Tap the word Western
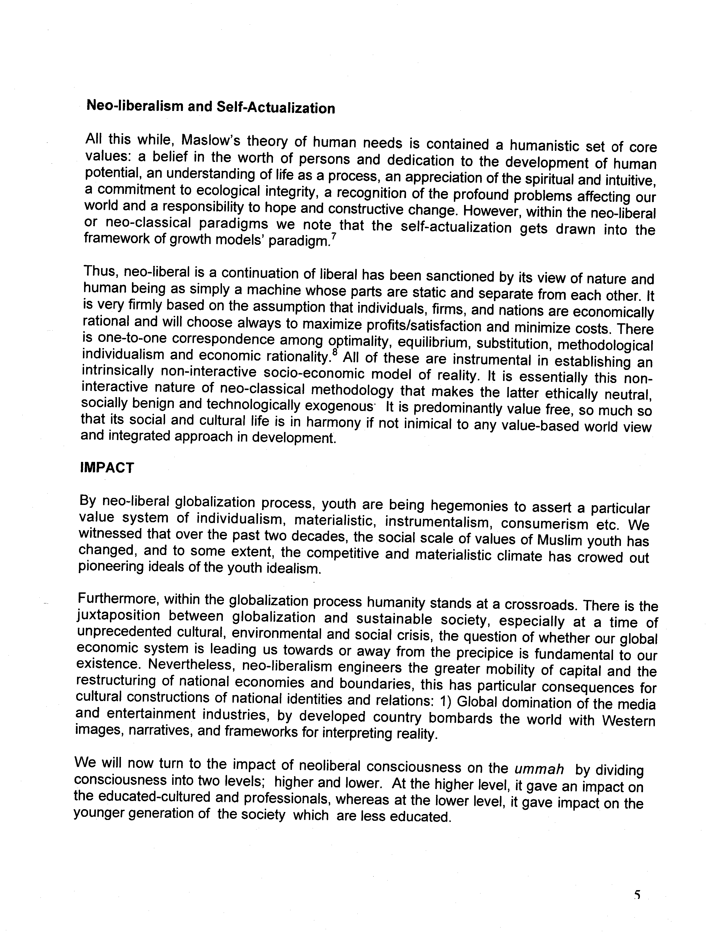tap(628, 721)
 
